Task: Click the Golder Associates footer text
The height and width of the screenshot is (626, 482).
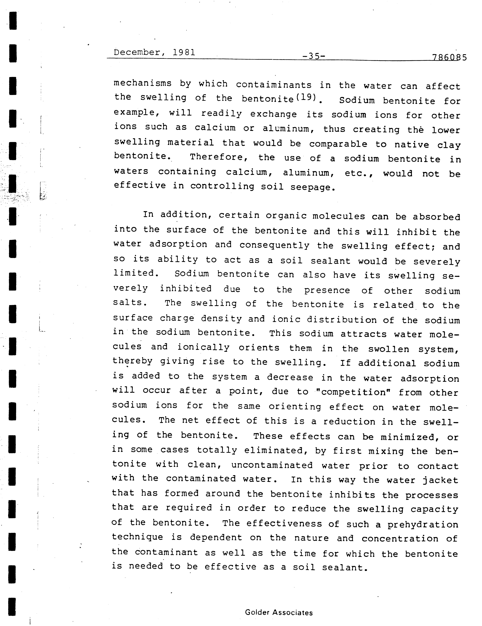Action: pos(279,613)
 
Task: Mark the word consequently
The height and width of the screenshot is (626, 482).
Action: pos(275,245)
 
